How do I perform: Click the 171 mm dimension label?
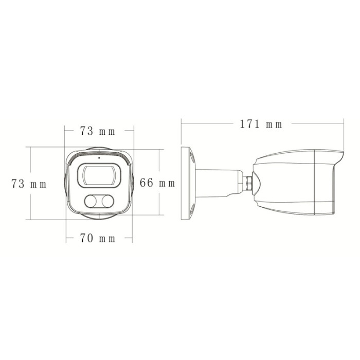coord(261,124)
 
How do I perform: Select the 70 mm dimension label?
coord(98,238)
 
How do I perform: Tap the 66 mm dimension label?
coord(157,183)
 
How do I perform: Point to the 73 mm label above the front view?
coord(98,131)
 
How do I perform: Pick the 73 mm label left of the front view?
coord(29,184)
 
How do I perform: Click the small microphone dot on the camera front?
coord(99,158)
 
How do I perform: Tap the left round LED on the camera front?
coord(91,202)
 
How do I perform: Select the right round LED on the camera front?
coord(107,202)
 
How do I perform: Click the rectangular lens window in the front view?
coord(99,175)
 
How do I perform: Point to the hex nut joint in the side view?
coord(248,183)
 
